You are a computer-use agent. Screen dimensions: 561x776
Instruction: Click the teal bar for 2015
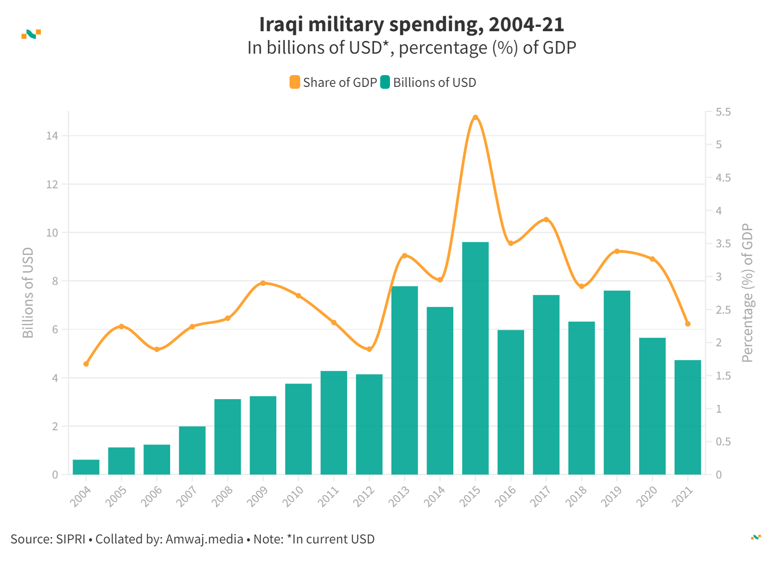tap(475, 358)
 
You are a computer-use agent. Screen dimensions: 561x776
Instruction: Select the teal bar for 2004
tap(86, 467)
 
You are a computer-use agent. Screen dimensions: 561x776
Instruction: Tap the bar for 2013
tap(405, 380)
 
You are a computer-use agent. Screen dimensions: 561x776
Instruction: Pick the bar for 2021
tap(688, 417)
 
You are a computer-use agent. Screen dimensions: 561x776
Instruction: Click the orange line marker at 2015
tap(475, 118)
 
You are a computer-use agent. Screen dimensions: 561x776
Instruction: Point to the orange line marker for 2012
tap(369, 349)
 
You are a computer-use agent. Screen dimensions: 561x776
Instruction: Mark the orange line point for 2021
tap(688, 324)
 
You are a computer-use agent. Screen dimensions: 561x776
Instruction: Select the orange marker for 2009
tap(263, 283)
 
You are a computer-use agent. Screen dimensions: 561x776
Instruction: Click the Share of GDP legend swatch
tap(295, 82)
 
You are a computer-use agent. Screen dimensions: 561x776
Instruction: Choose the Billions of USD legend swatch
tap(385, 82)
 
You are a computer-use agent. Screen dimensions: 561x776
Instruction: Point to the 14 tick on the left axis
tap(52, 136)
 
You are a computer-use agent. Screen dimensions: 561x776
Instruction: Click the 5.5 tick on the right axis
tap(723, 112)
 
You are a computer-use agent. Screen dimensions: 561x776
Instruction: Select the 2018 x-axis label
tap(576, 497)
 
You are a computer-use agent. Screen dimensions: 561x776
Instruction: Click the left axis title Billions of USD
tap(28, 293)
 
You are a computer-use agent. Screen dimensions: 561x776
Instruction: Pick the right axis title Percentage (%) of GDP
tap(747, 293)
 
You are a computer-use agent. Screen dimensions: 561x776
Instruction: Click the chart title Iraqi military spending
tap(411, 24)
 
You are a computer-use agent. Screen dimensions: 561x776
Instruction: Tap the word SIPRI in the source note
tap(71, 539)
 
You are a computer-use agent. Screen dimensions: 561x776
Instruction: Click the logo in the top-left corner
tap(31, 34)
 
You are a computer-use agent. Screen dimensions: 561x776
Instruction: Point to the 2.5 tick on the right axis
tap(723, 310)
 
